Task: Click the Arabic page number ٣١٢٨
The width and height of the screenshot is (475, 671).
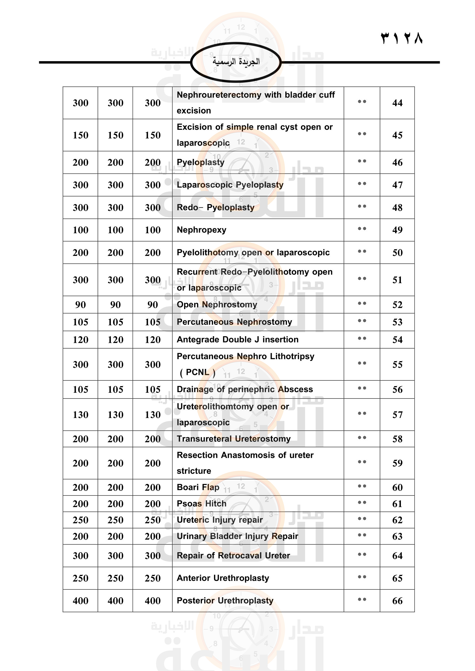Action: pos(401,38)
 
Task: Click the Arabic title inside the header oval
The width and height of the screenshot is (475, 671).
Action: pos(236,62)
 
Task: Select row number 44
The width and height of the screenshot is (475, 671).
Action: pos(397,103)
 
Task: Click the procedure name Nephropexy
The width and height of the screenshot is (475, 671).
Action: pos(202,230)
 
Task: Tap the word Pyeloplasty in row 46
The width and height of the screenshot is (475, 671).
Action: pos(201,162)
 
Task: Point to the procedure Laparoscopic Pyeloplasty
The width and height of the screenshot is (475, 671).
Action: pos(230,185)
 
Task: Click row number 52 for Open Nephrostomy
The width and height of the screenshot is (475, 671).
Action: pos(397,305)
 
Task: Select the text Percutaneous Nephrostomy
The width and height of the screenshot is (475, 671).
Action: pos(234,322)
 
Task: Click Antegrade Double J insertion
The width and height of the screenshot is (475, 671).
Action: pos(237,339)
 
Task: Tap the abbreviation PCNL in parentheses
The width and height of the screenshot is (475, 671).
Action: pos(197,372)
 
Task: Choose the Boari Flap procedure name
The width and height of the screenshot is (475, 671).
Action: pos(198,487)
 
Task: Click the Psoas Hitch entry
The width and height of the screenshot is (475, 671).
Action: pos(202,503)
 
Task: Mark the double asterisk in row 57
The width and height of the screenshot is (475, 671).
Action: pos(362,414)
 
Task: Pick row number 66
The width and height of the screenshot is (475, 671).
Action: pos(397,601)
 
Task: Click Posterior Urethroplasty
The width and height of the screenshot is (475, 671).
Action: pos(225,600)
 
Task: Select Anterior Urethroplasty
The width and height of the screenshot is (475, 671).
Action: pos(223,578)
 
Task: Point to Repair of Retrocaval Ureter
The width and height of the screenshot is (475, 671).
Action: pos(233,556)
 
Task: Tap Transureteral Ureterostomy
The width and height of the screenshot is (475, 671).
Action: pos(234,439)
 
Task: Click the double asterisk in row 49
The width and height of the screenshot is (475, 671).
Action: pos(362,229)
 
